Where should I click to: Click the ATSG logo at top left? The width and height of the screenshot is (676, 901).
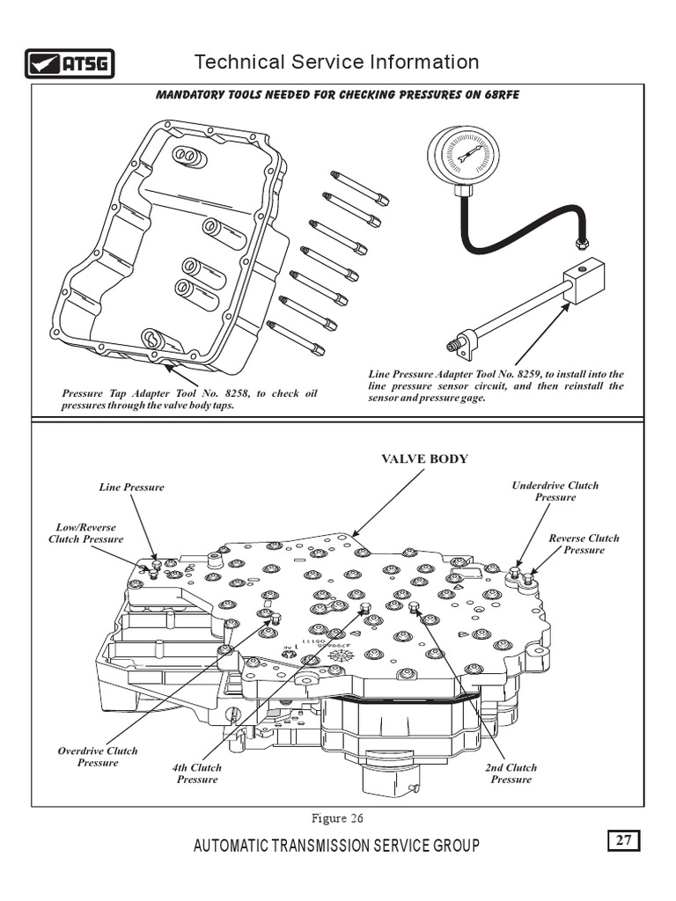tap(69, 64)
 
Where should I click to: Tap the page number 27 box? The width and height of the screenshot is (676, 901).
tap(623, 840)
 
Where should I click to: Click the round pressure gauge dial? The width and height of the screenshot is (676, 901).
tap(463, 155)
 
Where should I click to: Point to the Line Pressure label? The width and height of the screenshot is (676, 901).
tap(131, 487)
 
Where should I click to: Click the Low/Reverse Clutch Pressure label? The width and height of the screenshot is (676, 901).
tap(86, 533)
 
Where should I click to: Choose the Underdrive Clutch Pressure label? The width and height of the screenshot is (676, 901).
tap(555, 491)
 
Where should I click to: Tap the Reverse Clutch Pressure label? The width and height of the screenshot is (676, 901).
tap(584, 544)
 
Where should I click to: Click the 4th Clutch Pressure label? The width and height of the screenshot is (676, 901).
tap(197, 773)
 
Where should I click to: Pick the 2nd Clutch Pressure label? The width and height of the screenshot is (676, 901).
tap(511, 773)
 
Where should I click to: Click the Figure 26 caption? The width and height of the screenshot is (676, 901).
tap(338, 818)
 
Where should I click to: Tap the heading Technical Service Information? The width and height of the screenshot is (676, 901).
tap(336, 62)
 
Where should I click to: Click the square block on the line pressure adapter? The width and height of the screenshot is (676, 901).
tap(584, 281)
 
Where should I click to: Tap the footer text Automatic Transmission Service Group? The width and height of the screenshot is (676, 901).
tap(336, 846)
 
